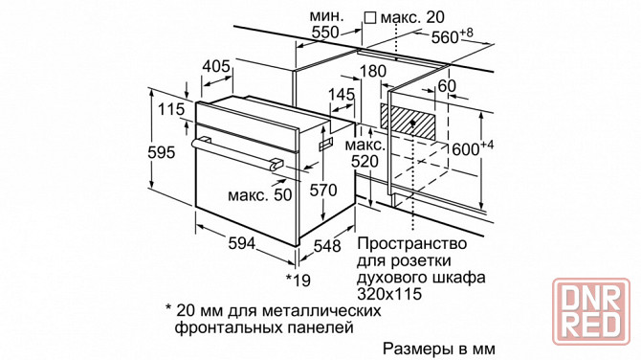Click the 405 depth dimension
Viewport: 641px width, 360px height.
point(217,66)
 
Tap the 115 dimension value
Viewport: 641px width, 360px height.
point(171,110)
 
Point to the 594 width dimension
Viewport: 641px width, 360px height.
point(239,245)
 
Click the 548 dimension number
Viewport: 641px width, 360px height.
point(327,246)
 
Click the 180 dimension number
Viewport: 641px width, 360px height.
point(373,72)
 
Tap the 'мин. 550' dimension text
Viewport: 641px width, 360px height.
point(325,25)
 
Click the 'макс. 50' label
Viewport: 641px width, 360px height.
point(259,195)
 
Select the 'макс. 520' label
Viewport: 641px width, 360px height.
point(365,152)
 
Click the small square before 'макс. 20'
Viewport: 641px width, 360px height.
point(370,18)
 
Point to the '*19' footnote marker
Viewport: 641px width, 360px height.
point(298,279)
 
